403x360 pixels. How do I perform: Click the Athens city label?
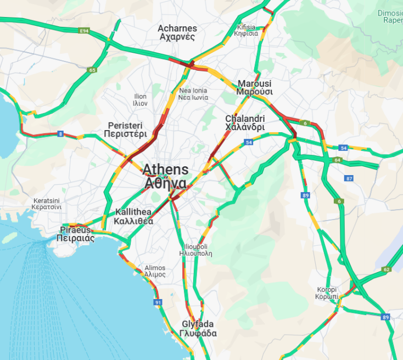click(x=165, y=176)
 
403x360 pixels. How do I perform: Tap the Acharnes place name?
click(x=177, y=32)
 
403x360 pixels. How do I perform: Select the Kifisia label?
click(x=246, y=30)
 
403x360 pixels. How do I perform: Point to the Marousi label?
click(x=254, y=88)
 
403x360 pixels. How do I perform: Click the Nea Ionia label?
click(x=193, y=94)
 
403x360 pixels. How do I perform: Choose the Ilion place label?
click(x=140, y=99)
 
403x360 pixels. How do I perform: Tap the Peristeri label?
click(x=127, y=129)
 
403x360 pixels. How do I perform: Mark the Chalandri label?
click(x=245, y=123)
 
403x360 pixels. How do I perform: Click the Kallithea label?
click(x=133, y=217)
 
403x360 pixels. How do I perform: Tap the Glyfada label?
click(x=198, y=329)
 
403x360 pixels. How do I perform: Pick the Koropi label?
click(x=326, y=292)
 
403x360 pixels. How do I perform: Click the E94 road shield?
click(x=84, y=31)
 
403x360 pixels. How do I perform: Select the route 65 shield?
click(x=92, y=70)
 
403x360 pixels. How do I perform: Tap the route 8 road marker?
click(x=60, y=133)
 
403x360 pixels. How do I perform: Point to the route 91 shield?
click(x=158, y=302)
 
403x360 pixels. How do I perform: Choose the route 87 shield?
click(x=349, y=178)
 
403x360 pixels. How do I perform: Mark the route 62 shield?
click(x=387, y=269)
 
